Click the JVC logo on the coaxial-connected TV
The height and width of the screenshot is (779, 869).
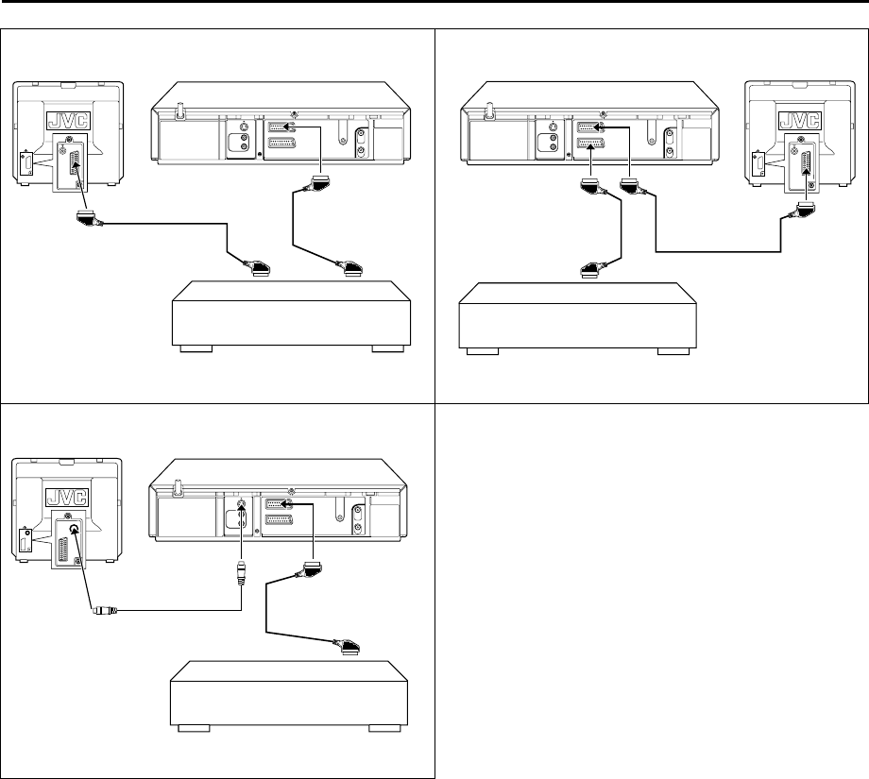[x=67, y=497]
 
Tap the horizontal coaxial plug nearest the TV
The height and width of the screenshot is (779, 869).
[x=105, y=611]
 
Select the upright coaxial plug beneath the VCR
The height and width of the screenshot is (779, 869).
[x=241, y=573]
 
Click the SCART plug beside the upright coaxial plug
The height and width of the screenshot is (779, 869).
[x=312, y=568]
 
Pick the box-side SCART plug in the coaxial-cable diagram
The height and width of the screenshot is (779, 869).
[x=347, y=647]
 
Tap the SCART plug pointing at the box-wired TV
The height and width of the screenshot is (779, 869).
[x=89, y=218]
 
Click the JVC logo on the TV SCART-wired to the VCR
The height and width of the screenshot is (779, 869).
[x=800, y=120]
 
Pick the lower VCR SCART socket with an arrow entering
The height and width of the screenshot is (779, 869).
[x=590, y=144]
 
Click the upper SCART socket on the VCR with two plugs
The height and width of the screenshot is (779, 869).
[x=590, y=127]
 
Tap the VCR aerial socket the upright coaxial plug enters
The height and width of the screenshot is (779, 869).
[x=241, y=505]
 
